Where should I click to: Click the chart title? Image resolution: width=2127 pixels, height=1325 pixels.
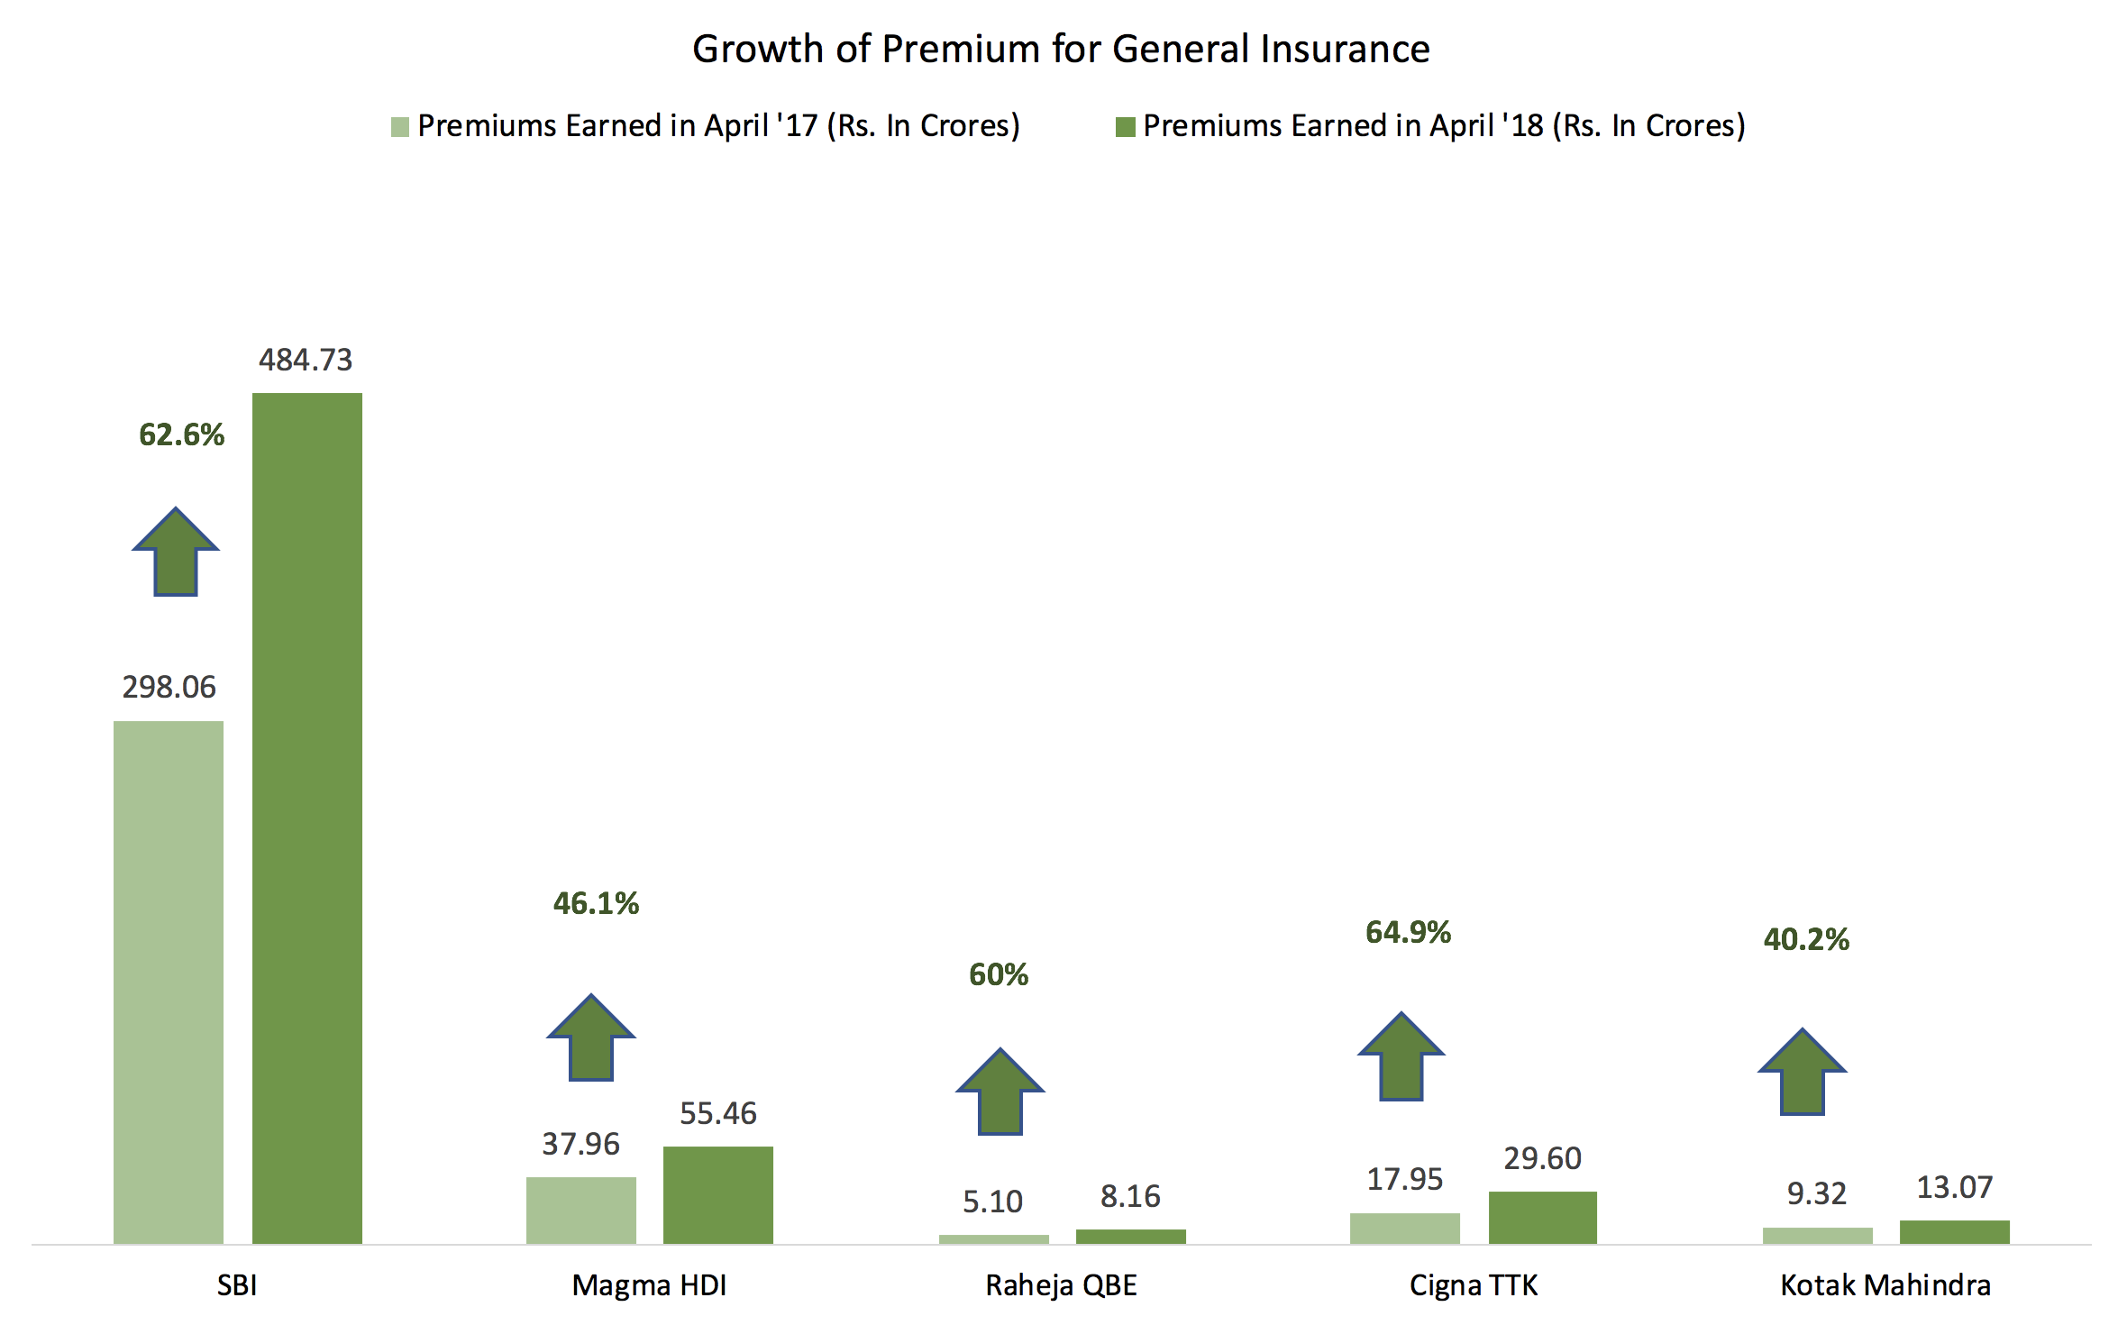click(1061, 49)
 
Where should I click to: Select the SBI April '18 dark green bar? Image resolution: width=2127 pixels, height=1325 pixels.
click(306, 818)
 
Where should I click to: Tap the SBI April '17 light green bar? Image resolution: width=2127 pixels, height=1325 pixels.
click(169, 982)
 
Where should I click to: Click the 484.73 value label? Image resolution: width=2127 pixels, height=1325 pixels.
click(306, 360)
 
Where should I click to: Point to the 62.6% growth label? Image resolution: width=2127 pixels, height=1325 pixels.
click(181, 434)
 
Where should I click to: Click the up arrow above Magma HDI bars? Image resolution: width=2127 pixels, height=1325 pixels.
click(591, 1038)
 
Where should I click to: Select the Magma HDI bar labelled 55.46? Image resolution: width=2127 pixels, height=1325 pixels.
click(717, 1195)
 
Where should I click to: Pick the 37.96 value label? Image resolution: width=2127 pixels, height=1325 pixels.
click(580, 1144)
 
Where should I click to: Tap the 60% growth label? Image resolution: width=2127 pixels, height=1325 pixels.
click(999, 974)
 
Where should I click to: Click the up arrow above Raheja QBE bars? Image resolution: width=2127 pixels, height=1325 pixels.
click(1000, 1092)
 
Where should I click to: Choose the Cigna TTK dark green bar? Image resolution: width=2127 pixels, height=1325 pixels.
click(1542, 1218)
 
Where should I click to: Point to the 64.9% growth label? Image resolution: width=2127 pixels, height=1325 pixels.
click(1408, 932)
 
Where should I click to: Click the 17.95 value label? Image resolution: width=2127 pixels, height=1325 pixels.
click(1404, 1179)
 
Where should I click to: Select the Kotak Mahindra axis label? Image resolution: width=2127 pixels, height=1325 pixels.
click(1885, 1284)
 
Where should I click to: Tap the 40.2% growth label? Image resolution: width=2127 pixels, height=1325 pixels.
click(1806, 939)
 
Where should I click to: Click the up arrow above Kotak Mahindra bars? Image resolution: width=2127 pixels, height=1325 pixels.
click(1803, 1073)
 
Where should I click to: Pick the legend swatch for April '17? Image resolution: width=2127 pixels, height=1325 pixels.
click(400, 127)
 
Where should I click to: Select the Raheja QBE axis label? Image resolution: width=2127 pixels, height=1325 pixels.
click(1061, 1284)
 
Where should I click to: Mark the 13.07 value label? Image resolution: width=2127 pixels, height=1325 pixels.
click(1954, 1187)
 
